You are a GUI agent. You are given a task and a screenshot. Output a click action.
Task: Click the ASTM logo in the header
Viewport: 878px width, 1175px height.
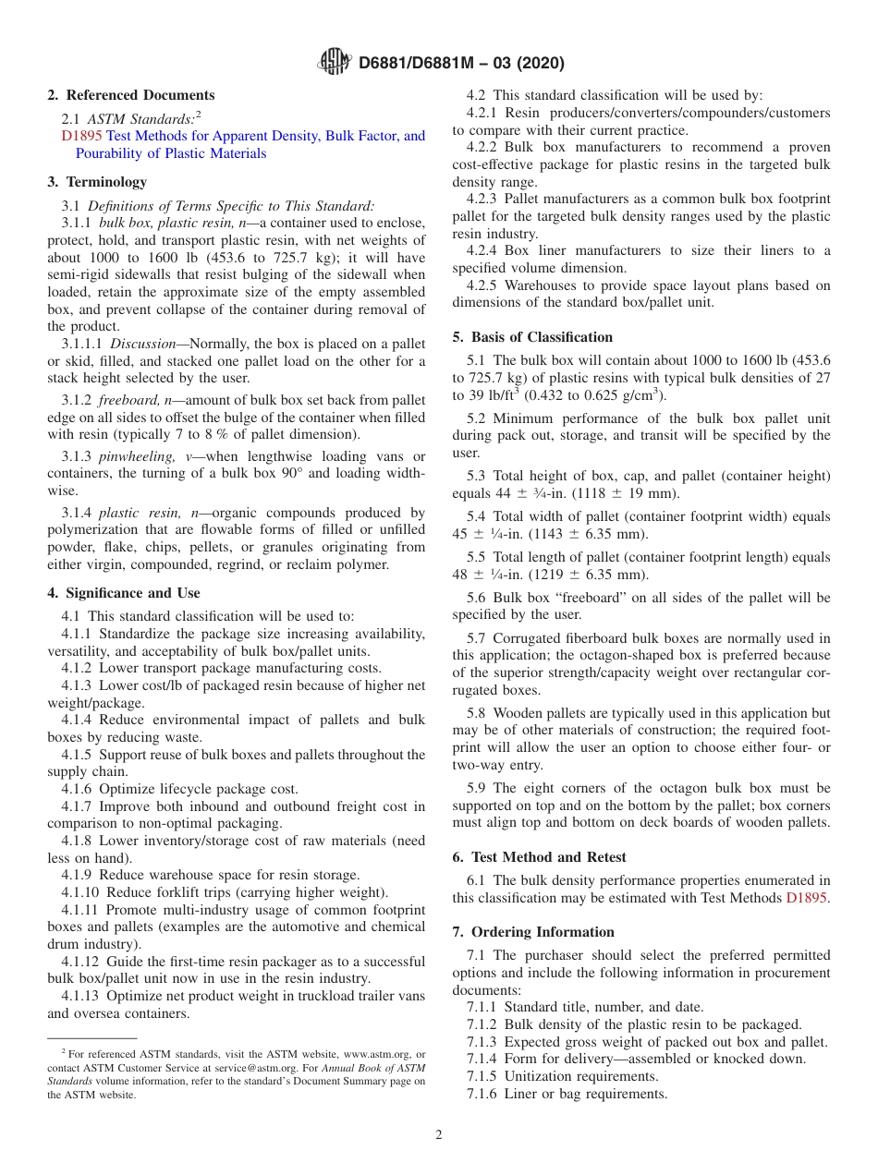(334, 62)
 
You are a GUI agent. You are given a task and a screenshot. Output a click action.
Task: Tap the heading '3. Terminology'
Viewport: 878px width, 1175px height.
(97, 182)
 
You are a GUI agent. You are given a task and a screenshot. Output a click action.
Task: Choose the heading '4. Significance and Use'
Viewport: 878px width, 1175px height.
(124, 593)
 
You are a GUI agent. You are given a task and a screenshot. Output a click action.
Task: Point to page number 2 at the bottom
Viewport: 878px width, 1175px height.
(439, 1135)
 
